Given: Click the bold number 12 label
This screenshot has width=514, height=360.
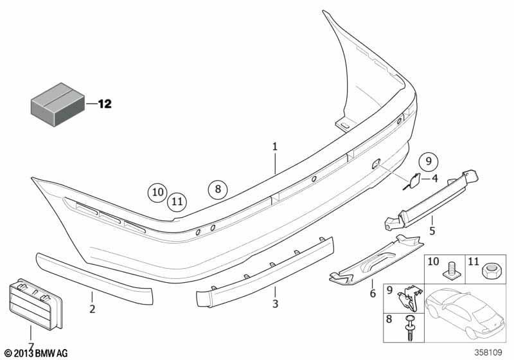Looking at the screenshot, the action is coord(105,104).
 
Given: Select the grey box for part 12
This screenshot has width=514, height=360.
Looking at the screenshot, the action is coord(58,104).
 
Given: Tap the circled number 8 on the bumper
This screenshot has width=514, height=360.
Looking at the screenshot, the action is coord(218,189).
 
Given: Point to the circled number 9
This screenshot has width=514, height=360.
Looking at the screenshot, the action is coord(429,161).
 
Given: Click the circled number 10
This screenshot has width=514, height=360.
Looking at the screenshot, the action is coord(157,192).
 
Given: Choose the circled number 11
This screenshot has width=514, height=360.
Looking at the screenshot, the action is coord(177,201).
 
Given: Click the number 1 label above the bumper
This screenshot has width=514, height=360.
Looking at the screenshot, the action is coord(275,146).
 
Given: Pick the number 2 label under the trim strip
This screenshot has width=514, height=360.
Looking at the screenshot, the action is coord(92,309).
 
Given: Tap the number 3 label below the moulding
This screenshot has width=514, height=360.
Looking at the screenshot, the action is coord(275,303).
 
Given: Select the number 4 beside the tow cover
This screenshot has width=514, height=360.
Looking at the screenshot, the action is coord(435,178).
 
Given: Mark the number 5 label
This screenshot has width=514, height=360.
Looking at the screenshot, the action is coord(432,231).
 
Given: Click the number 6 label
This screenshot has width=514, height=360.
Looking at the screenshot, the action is coord(373,293).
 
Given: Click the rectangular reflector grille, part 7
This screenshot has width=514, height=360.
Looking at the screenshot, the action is coord(35,304).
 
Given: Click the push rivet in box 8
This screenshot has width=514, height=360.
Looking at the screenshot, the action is coord(409,328).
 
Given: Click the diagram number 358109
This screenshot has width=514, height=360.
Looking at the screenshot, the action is coord(488,352).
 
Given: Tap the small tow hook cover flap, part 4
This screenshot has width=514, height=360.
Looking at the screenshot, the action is coord(412,180).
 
